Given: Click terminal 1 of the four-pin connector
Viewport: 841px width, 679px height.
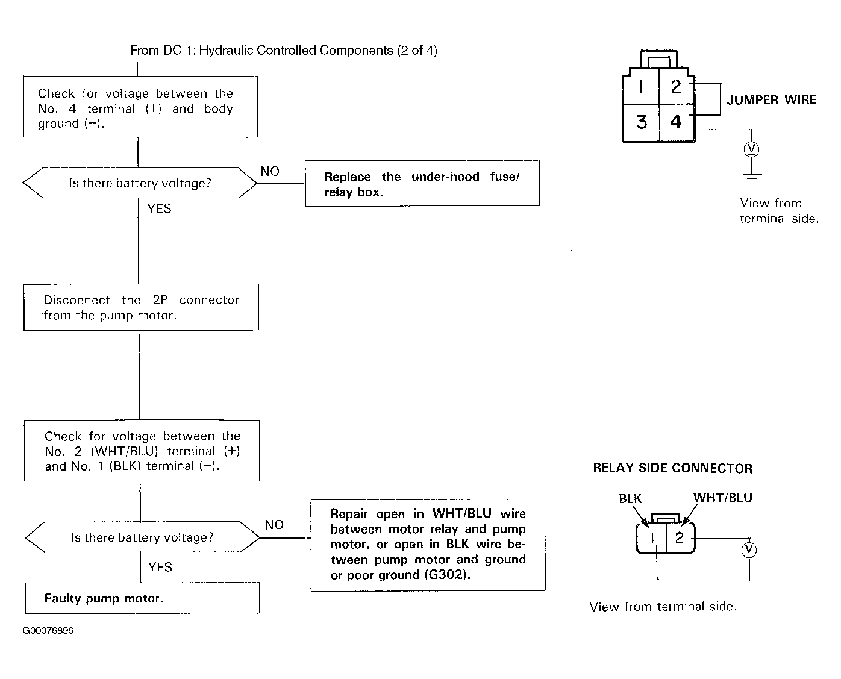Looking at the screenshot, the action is click(x=640, y=87).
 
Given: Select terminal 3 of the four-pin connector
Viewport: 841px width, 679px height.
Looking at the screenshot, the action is click(x=641, y=122).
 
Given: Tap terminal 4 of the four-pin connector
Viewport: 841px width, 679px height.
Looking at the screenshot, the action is click(x=677, y=122).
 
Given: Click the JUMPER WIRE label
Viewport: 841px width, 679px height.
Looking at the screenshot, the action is click(x=771, y=100).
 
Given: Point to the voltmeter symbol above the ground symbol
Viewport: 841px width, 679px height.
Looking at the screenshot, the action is click(x=751, y=149).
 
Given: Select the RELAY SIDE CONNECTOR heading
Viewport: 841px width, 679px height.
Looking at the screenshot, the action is click(x=672, y=468).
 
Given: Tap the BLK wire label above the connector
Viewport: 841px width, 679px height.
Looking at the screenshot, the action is click(x=630, y=499).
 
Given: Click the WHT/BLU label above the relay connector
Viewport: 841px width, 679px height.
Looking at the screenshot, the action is click(x=722, y=498).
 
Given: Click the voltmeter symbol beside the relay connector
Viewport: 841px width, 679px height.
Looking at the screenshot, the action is click(x=749, y=550).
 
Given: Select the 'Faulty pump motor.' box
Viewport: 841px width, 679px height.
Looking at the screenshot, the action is click(x=143, y=598).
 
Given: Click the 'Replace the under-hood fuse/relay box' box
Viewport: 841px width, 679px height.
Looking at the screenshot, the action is click(x=422, y=183).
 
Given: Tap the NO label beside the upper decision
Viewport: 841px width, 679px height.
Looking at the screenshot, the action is click(x=270, y=171).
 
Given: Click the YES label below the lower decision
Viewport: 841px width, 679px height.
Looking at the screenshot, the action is click(x=160, y=567).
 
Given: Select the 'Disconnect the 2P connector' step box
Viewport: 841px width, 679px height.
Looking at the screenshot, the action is click(x=141, y=307).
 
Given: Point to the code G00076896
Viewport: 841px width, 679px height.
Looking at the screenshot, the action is click(x=48, y=630).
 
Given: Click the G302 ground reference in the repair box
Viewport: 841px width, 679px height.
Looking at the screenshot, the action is click(x=447, y=574).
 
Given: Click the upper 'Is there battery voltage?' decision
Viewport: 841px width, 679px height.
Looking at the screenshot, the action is click(x=140, y=183).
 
